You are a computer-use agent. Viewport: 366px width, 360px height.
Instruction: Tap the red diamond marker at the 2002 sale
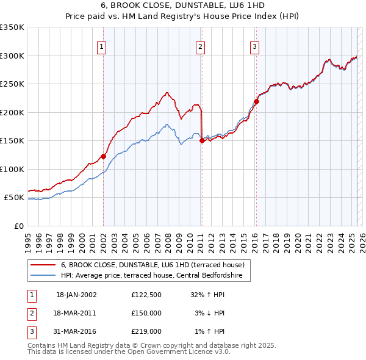pyautogui.click(x=103, y=156)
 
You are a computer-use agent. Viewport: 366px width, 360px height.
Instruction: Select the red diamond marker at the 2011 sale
pyautogui.click(x=202, y=140)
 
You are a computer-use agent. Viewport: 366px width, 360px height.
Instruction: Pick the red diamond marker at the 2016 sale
pyautogui.click(x=256, y=102)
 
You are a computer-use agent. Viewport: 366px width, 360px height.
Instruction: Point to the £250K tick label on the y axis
pyautogui.click(x=12, y=84)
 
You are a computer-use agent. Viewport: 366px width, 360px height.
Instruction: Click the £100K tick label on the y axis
pyautogui.click(x=12, y=169)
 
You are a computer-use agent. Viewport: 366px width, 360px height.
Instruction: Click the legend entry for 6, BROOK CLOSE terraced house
pyautogui.click(x=152, y=265)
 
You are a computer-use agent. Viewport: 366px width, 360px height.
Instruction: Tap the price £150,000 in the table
pyautogui.click(x=146, y=313)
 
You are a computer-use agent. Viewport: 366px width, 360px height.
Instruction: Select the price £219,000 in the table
pyautogui.click(x=146, y=331)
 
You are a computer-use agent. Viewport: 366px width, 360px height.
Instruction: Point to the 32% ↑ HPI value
pyautogui.click(x=208, y=295)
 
